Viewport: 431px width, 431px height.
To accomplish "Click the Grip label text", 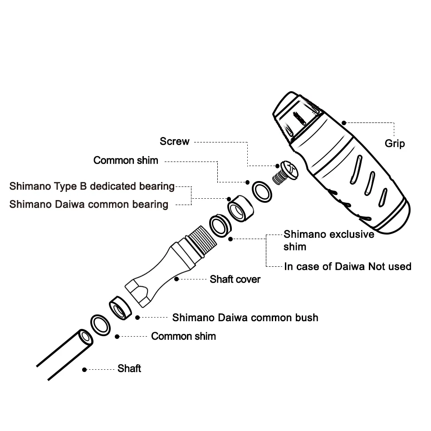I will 395,143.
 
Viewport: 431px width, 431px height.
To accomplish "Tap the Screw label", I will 174,142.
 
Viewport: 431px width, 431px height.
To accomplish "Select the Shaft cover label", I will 235,279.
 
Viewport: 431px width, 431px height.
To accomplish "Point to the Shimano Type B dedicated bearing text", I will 92,186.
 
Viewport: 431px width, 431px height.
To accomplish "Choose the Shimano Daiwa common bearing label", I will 89,204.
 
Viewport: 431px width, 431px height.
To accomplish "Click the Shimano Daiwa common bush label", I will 245,317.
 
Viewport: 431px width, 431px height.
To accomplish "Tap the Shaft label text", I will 129,368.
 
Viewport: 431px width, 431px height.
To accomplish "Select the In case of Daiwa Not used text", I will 348,266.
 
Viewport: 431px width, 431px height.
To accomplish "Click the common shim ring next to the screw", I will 262,191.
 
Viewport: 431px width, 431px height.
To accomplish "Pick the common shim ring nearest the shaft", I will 101,324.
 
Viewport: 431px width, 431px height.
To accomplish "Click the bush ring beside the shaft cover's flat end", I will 120,309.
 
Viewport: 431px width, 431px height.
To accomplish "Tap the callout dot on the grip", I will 344,122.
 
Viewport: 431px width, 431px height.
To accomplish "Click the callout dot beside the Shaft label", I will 84,370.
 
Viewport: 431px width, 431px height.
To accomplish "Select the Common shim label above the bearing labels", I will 126,160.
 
